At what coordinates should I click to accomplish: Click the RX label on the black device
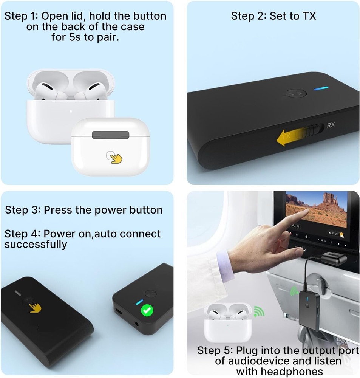[x=331, y=125]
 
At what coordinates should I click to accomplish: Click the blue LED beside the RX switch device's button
[x=323, y=88]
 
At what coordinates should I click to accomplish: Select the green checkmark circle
[x=147, y=311]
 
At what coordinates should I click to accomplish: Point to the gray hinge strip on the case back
[x=110, y=135]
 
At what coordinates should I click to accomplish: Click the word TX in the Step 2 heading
[x=308, y=16]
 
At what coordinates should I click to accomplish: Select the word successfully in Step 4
[x=36, y=244]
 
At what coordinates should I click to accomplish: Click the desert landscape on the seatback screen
[x=321, y=210]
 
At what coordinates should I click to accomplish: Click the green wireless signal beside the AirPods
[x=259, y=311]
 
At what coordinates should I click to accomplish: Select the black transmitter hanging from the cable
[x=309, y=306]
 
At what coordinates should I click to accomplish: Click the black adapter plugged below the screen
[x=334, y=259]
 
